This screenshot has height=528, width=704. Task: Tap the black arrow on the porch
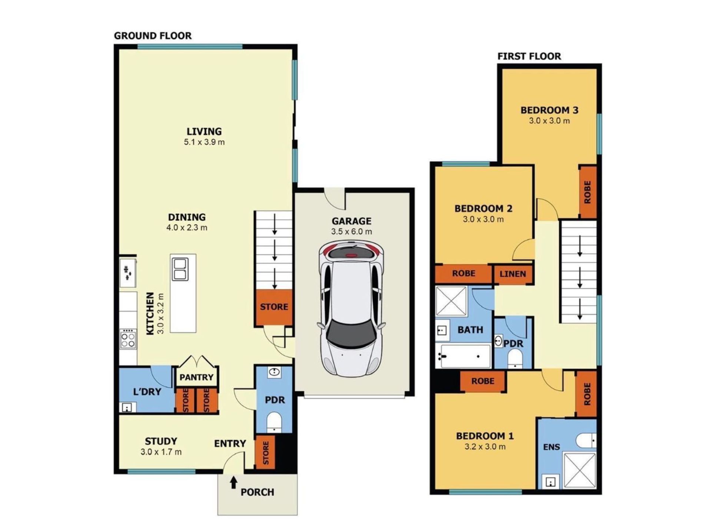(233, 482)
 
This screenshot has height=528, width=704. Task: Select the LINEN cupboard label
(513, 274)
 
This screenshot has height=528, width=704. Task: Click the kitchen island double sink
(180, 269)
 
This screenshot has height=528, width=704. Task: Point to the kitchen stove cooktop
(128, 339)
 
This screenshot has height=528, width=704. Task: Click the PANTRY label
(196, 377)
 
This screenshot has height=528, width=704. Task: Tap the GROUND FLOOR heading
(153, 36)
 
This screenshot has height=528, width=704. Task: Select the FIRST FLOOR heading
(529, 56)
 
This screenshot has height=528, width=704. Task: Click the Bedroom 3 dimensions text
(549, 121)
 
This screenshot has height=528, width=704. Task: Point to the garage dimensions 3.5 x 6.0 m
(352, 232)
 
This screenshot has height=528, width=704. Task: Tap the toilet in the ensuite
(586, 441)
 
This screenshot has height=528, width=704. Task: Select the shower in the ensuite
(580, 469)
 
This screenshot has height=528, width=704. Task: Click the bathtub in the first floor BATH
(463, 356)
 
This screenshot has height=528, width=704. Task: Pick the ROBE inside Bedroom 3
(588, 192)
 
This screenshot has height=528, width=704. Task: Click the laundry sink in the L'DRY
(127, 408)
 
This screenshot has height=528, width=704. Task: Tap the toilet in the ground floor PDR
(274, 422)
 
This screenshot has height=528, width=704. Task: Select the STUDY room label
(161, 441)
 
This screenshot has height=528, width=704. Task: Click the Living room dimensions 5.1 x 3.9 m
(204, 142)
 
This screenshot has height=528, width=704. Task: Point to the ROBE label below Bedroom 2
(464, 273)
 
